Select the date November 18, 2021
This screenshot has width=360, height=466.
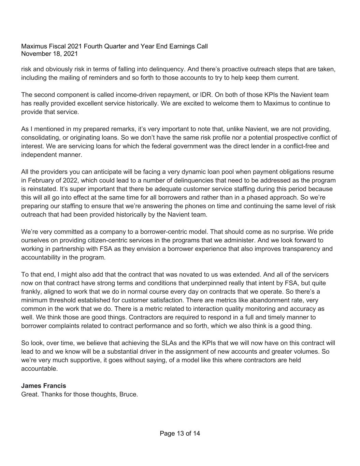49,54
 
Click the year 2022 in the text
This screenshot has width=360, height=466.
71,180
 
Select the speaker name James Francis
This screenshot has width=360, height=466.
44,386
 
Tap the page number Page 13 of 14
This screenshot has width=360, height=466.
180,434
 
